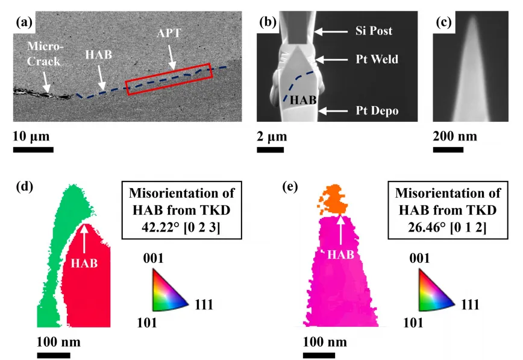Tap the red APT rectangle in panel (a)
168,79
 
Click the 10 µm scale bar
33,150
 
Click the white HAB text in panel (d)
84,263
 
